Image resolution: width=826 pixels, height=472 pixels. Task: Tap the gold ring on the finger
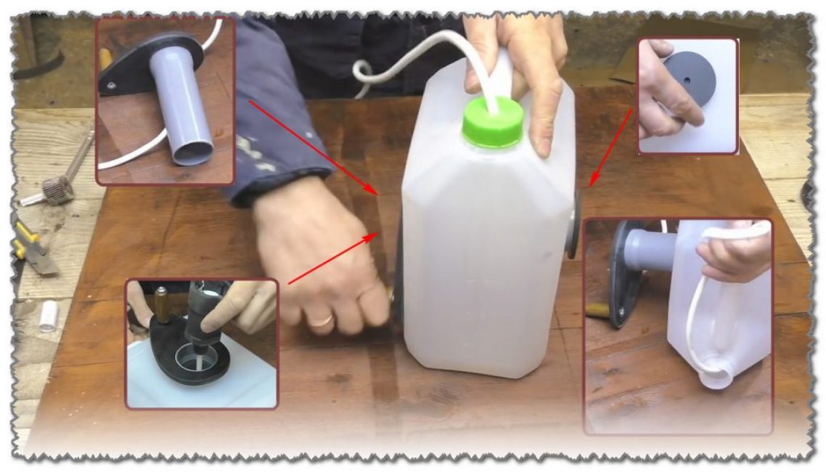coord(323,319)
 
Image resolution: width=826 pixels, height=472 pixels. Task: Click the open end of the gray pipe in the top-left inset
coord(192,151)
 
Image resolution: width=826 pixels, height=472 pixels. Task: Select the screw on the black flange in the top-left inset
coord(111,86)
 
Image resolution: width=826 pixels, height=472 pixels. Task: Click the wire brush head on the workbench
coord(59,190)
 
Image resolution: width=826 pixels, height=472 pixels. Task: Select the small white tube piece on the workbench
coord(49,316)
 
